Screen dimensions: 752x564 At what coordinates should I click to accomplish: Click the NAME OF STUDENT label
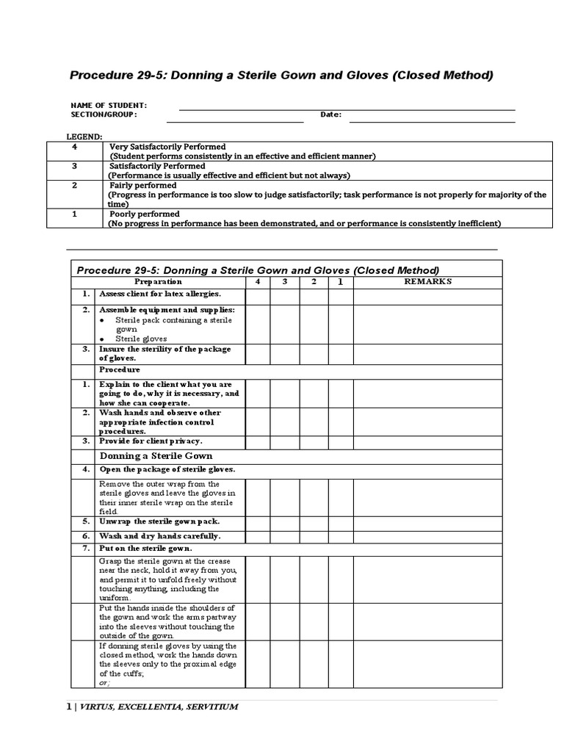(x=109, y=105)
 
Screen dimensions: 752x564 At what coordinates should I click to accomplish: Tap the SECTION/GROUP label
(x=104, y=115)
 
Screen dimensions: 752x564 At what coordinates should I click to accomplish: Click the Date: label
(x=330, y=115)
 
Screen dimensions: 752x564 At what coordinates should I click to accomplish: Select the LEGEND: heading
(x=85, y=137)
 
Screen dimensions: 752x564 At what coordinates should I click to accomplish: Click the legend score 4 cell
(x=73, y=147)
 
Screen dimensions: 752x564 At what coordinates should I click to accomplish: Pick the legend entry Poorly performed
(x=144, y=214)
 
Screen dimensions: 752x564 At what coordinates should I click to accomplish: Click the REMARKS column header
(x=427, y=281)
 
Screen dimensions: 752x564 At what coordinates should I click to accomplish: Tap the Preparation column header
(x=158, y=281)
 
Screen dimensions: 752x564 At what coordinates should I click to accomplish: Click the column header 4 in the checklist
(x=257, y=281)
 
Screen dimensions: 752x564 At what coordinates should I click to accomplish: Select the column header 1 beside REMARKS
(x=340, y=281)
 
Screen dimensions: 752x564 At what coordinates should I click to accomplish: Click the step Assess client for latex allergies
(x=160, y=293)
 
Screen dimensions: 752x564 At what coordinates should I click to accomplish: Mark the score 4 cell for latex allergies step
(x=257, y=295)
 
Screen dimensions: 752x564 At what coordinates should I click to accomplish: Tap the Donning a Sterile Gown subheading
(x=151, y=456)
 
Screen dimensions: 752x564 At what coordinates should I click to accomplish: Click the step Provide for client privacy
(x=151, y=441)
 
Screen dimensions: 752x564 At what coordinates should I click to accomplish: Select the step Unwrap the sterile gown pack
(x=159, y=521)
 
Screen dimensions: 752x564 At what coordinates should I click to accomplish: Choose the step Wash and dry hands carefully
(x=159, y=536)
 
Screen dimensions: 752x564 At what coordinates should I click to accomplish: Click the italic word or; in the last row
(x=104, y=682)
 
